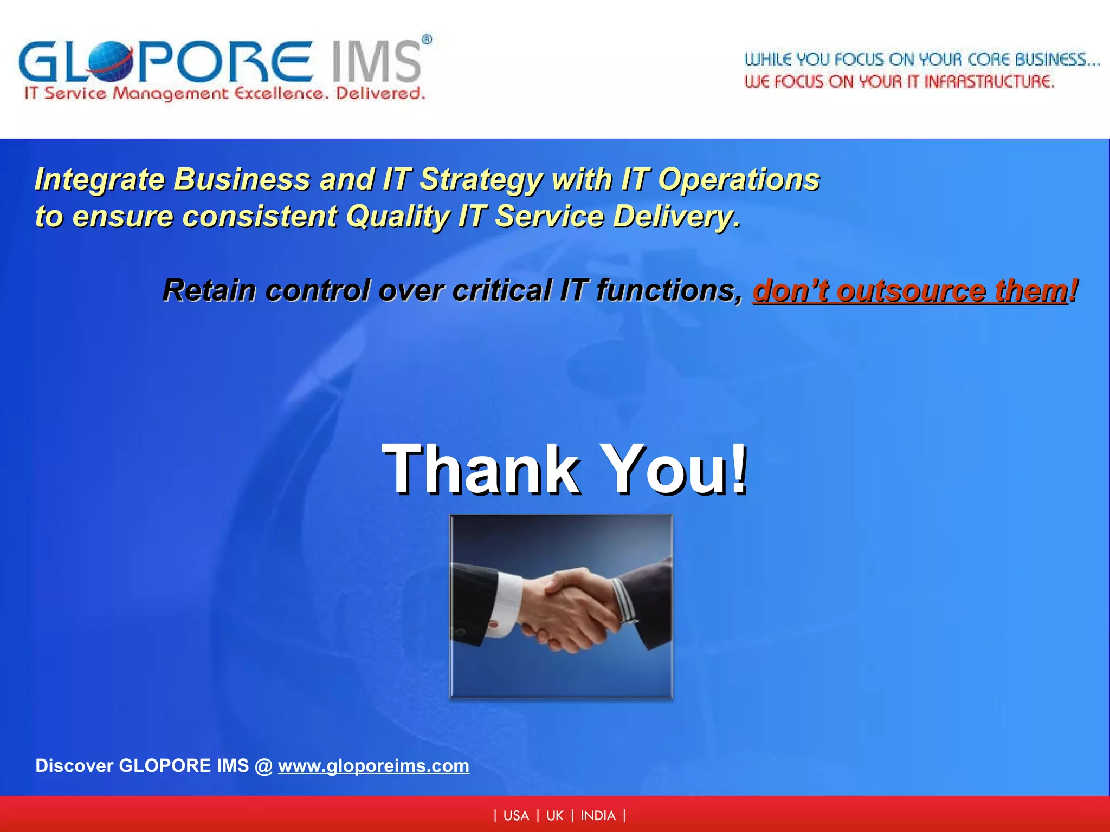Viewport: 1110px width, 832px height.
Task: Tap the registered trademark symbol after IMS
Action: tap(427, 40)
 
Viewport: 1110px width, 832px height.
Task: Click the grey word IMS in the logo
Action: tap(376, 62)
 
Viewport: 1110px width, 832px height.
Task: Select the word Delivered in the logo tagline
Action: tap(380, 94)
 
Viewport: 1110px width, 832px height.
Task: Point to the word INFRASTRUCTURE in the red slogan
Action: tap(989, 82)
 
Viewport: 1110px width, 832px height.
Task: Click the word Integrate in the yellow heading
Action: tap(99, 179)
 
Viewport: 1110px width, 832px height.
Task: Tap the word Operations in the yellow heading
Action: tap(738, 179)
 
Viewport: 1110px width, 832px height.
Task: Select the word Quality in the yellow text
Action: tap(398, 217)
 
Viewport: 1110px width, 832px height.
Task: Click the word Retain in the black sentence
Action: tap(209, 290)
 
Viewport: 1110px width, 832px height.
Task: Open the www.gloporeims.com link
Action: tap(373, 766)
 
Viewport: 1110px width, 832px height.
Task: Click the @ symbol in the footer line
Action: tap(263, 766)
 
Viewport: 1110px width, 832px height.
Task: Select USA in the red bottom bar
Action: tap(516, 816)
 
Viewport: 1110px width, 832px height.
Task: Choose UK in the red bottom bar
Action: tap(555, 816)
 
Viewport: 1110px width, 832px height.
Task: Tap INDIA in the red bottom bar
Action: tap(598, 816)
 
